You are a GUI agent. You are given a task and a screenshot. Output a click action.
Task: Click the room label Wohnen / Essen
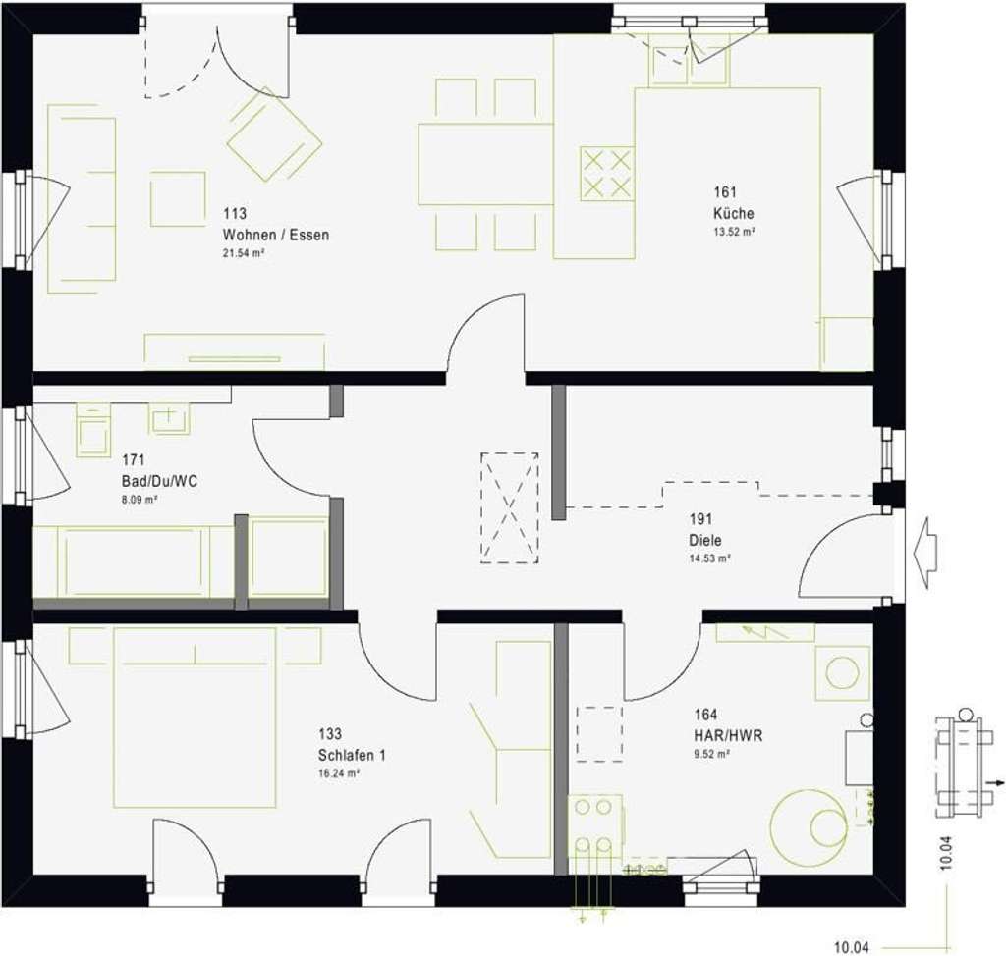tap(276, 235)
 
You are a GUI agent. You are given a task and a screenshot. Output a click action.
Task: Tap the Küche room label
tap(733, 214)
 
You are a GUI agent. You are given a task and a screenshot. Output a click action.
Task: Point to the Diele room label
tap(704, 540)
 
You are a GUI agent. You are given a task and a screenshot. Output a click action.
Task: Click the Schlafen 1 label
tap(352, 755)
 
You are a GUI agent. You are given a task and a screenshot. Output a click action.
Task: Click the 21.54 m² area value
tap(245, 253)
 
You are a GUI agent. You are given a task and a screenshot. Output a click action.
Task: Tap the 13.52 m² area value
tap(733, 233)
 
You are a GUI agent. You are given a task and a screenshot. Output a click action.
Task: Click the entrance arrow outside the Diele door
tap(924, 554)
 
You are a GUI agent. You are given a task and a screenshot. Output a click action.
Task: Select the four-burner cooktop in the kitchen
tap(606, 174)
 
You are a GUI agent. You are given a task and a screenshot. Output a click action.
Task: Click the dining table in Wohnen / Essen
tap(486, 164)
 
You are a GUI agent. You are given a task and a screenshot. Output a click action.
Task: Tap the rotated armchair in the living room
tap(274, 134)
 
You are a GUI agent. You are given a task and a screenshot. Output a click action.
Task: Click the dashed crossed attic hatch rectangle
tap(509, 507)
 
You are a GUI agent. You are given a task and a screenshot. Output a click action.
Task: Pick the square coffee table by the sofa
tap(178, 199)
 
